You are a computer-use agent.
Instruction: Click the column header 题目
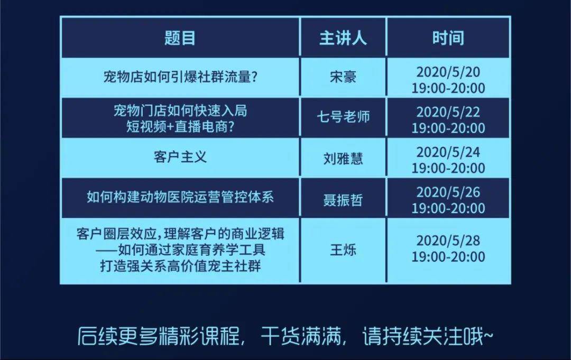pyautogui.click(x=180, y=38)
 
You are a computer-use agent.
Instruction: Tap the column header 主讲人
pyautogui.click(x=343, y=38)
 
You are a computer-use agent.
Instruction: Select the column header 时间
pyautogui.click(x=448, y=38)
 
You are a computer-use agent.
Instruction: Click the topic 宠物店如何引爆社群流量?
pyautogui.click(x=180, y=77)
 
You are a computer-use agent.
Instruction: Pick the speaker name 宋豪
pyautogui.click(x=343, y=77)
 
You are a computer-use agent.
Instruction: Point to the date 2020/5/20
pyautogui.click(x=448, y=72)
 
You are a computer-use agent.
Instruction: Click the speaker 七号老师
pyautogui.click(x=343, y=117)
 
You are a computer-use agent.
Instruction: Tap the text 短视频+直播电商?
pyautogui.click(x=180, y=126)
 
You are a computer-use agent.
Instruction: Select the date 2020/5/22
pyautogui.click(x=448, y=112)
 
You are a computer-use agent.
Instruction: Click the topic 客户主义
pyautogui.click(x=180, y=157)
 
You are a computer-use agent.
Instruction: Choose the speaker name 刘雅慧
pyautogui.click(x=343, y=159)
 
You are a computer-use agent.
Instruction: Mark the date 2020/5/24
pyautogui.click(x=448, y=152)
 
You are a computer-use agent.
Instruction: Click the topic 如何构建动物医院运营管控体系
pyautogui.click(x=180, y=197)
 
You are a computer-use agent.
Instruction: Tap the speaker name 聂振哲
pyautogui.click(x=343, y=200)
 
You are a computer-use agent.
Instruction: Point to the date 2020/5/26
pyautogui.click(x=448, y=192)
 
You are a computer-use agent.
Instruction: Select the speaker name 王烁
pyautogui.click(x=343, y=250)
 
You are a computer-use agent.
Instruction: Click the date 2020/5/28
pyautogui.click(x=448, y=241)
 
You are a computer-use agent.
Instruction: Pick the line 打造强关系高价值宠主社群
pyautogui.click(x=180, y=266)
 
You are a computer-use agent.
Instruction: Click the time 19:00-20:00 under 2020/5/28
pyautogui.click(x=448, y=256)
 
